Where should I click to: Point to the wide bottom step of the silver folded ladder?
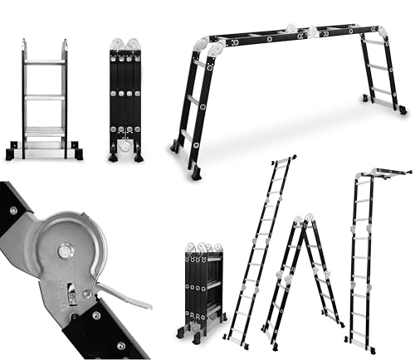(x=44, y=131)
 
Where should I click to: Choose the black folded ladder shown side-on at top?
(x=125, y=95)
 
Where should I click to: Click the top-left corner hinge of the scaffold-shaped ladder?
(x=203, y=46)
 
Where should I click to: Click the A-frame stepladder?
(x=303, y=274)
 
